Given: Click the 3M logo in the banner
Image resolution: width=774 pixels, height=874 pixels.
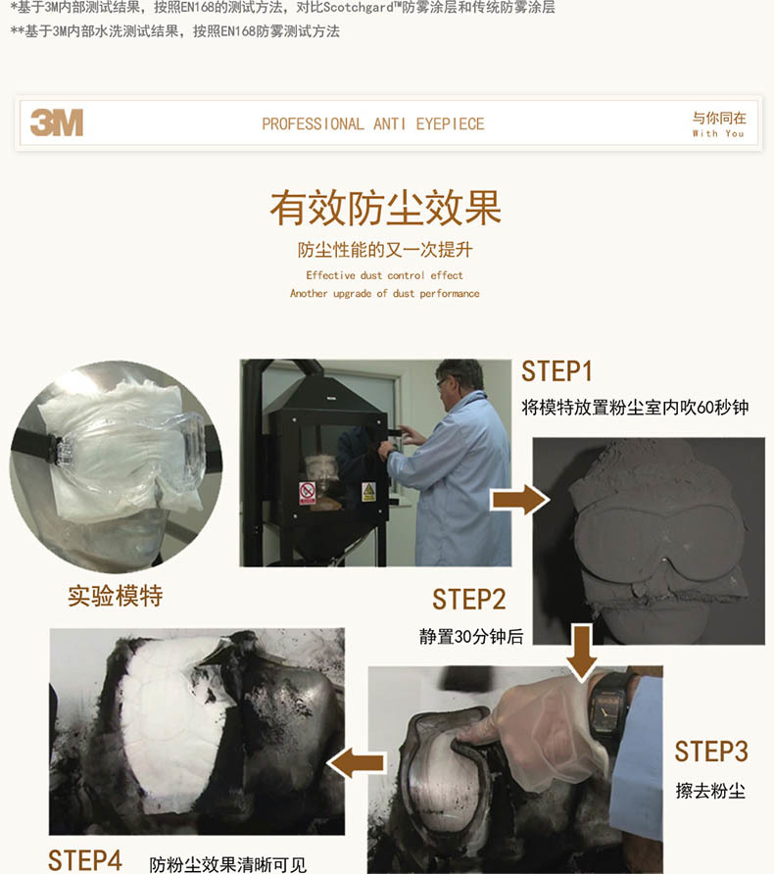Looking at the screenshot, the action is click(x=57, y=122).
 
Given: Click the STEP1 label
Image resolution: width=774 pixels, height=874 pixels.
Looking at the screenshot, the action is click(x=556, y=371).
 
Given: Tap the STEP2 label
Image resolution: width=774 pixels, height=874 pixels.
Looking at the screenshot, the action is click(x=468, y=600).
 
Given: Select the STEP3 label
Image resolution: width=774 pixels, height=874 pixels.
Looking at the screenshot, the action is click(x=711, y=752).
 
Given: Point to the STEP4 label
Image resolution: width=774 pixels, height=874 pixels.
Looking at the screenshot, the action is click(x=84, y=860).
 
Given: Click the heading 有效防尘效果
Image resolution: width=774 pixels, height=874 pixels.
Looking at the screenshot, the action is click(x=386, y=208).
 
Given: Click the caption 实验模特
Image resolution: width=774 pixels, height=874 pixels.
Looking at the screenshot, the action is click(x=116, y=596).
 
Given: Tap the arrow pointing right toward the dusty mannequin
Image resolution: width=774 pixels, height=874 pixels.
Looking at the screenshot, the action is click(x=519, y=500).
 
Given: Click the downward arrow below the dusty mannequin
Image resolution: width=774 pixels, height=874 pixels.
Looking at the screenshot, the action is click(x=582, y=653).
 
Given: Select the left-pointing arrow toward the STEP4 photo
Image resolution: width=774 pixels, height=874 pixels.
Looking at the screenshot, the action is click(x=357, y=763).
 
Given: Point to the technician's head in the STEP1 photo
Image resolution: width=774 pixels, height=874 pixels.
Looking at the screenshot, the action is click(x=459, y=379).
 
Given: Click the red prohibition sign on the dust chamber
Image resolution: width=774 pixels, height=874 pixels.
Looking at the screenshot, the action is click(x=307, y=493).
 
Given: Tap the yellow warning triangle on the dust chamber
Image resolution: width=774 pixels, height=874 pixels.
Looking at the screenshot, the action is click(x=368, y=492).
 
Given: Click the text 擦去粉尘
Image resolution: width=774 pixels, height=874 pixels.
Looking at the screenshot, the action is click(x=710, y=791).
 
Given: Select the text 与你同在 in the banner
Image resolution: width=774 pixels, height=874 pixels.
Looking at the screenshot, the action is click(x=719, y=119).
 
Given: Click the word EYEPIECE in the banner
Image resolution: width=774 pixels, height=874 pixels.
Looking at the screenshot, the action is click(x=451, y=123).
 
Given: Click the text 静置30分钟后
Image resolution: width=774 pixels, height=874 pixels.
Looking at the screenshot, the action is click(x=471, y=636).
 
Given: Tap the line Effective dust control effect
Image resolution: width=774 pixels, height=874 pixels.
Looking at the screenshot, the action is click(x=384, y=275).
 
